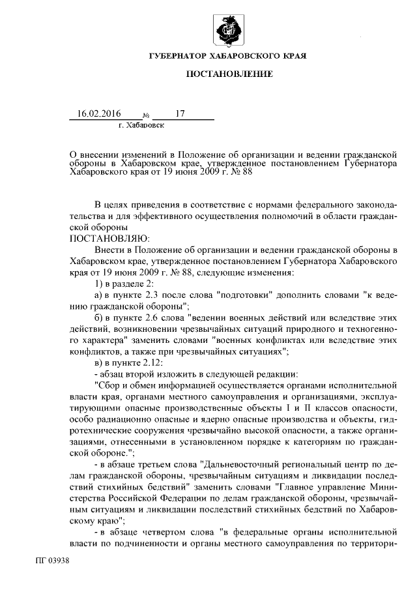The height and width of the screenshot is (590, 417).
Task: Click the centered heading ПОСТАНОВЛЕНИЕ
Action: (x=228, y=76)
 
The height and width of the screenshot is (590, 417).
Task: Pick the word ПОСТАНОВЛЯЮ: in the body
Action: (x=110, y=238)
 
